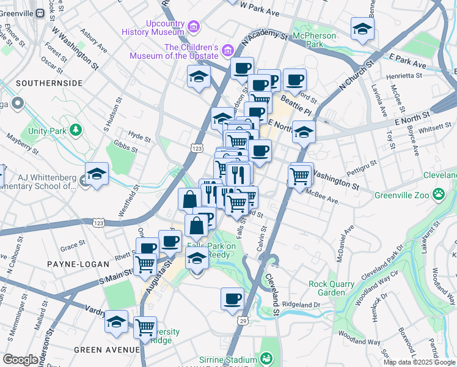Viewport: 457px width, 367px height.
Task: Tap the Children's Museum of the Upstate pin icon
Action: point(227,49)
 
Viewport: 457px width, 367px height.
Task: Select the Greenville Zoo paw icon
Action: point(439,195)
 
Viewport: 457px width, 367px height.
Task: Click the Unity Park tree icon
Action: point(75,130)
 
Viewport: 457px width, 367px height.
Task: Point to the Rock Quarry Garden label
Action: point(331,288)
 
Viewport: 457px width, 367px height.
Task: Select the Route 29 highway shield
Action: point(243,321)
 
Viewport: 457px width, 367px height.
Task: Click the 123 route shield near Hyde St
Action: point(197,149)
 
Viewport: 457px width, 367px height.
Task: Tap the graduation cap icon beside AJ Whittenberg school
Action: point(97,174)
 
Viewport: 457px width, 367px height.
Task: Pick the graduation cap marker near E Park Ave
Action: point(362,29)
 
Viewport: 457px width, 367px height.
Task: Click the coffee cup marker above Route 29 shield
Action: point(232,299)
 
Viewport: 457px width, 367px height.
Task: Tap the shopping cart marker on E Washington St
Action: point(299,176)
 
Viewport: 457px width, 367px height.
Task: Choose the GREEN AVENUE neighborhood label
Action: point(106,349)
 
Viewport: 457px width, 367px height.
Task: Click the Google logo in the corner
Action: point(20,360)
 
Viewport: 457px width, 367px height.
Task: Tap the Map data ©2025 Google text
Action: point(419,362)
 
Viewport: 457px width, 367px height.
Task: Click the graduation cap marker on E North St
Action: point(303,133)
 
